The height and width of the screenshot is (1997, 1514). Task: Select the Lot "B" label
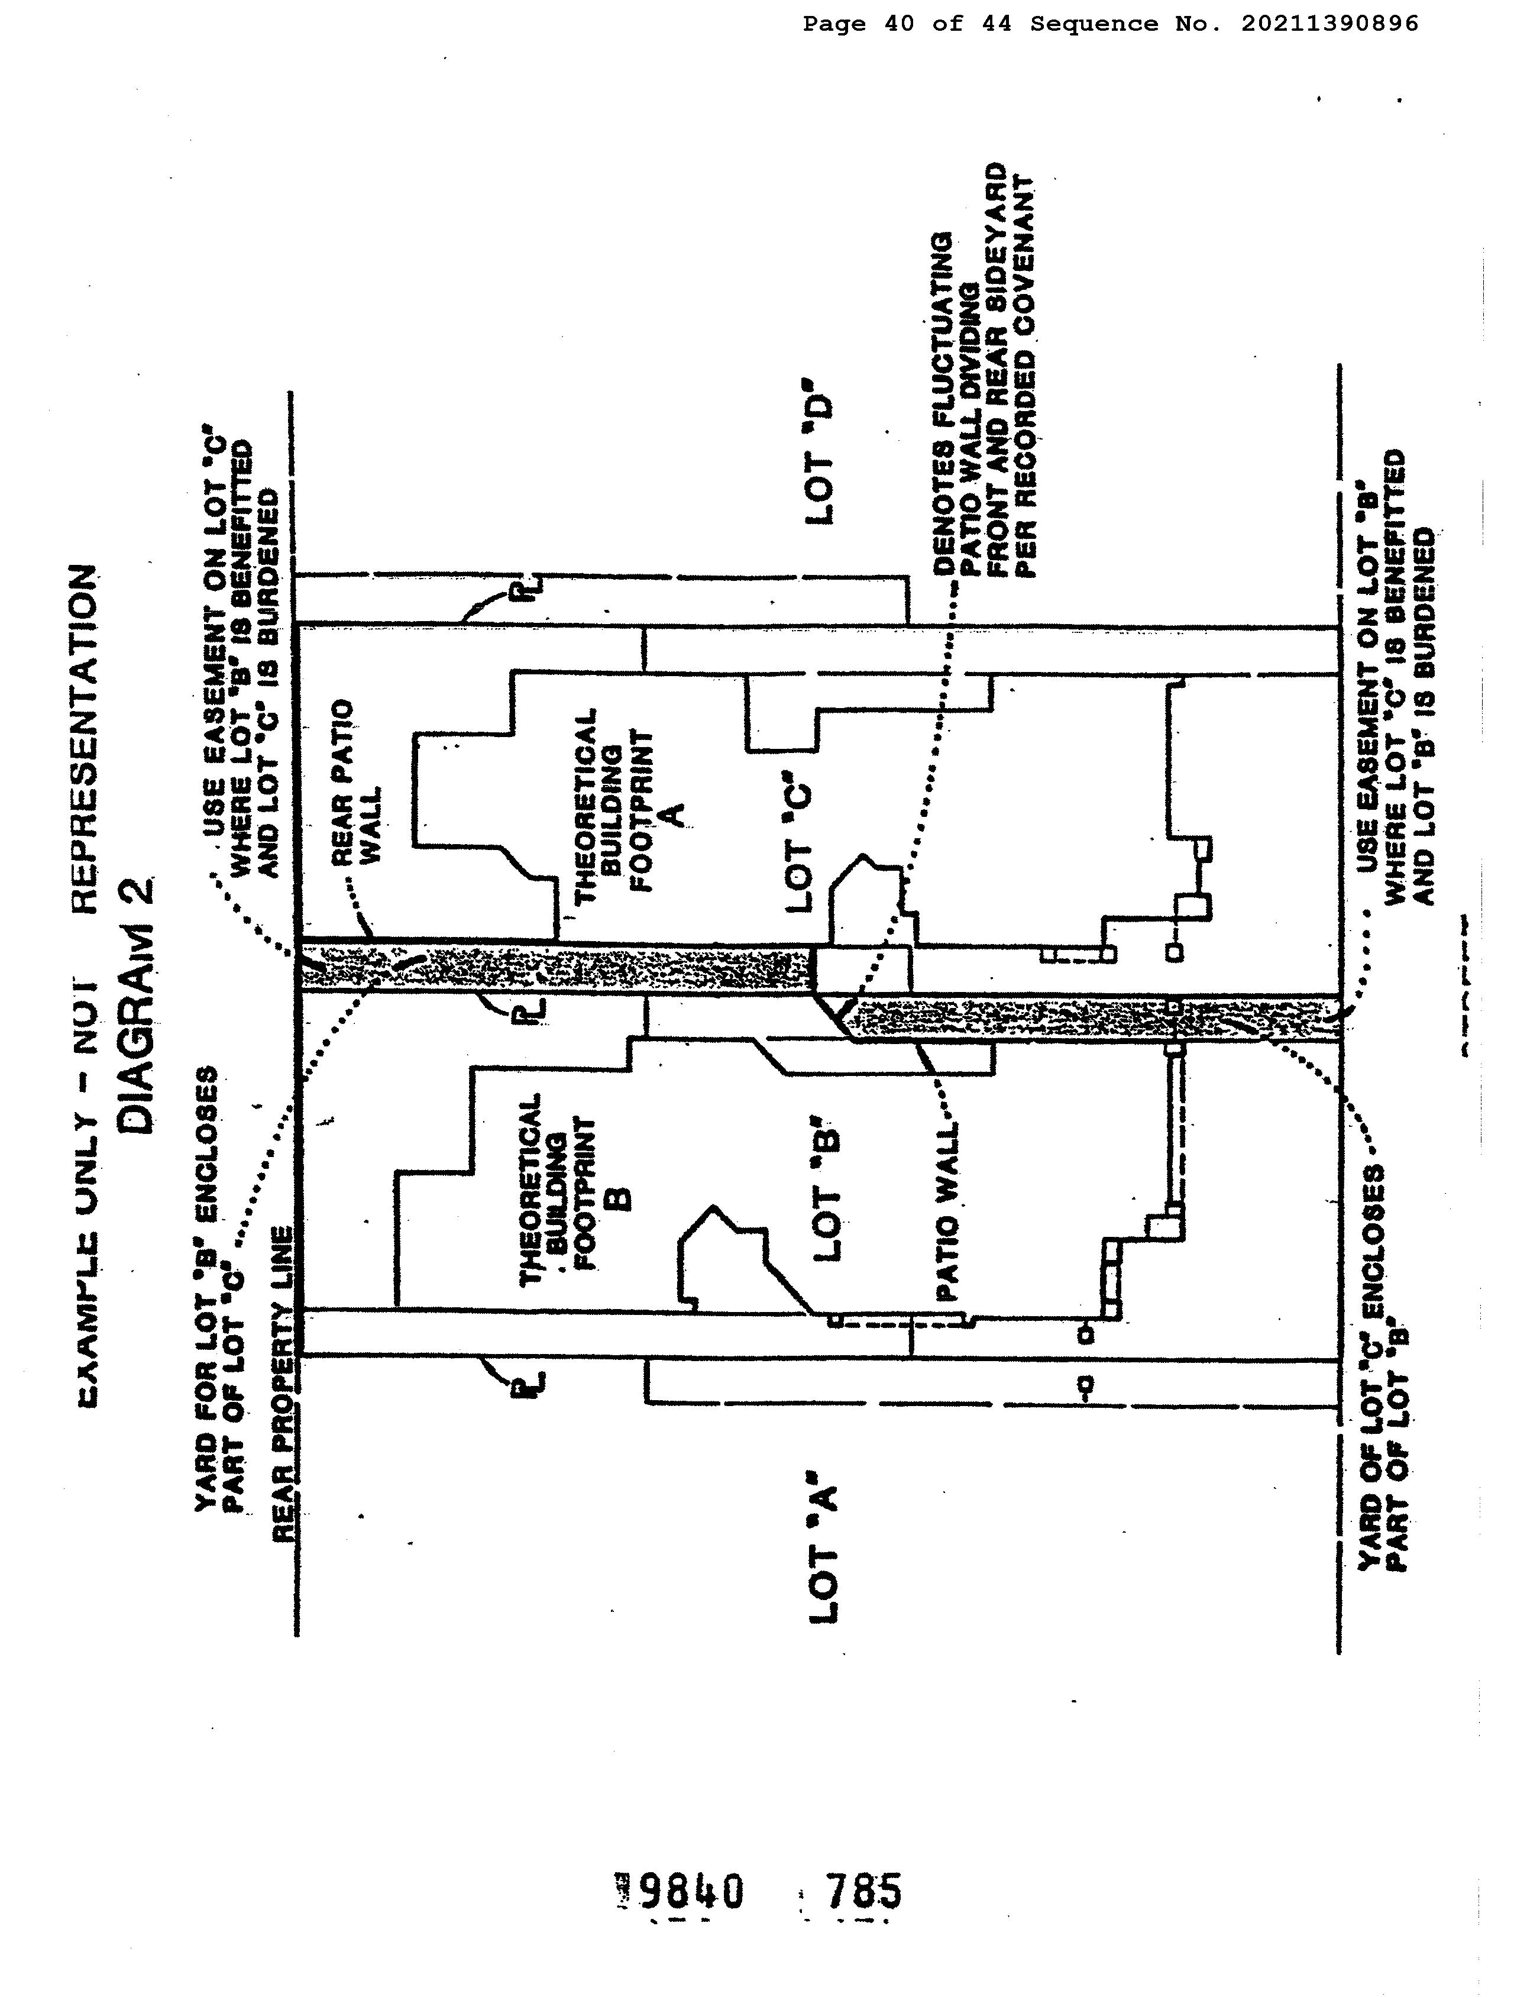pos(826,1194)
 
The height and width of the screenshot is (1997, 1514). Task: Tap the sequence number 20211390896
pos(1329,24)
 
